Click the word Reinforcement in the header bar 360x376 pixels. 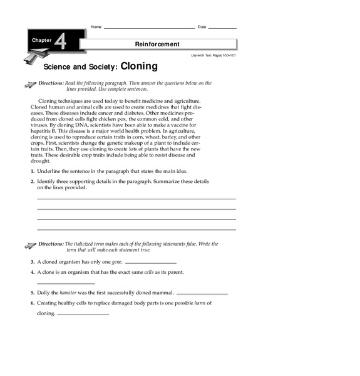click(x=157, y=44)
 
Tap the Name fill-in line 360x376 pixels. click(x=149, y=28)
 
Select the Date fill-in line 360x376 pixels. click(x=223, y=28)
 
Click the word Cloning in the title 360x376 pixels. click(x=139, y=65)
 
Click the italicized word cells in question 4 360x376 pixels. click(x=149, y=272)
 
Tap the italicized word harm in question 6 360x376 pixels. click(x=201, y=303)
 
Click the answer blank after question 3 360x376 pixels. click(x=151, y=263)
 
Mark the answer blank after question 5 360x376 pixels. click(x=202, y=294)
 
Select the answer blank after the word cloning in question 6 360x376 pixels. click(x=83, y=315)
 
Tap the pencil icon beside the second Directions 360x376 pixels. click(x=28, y=244)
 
